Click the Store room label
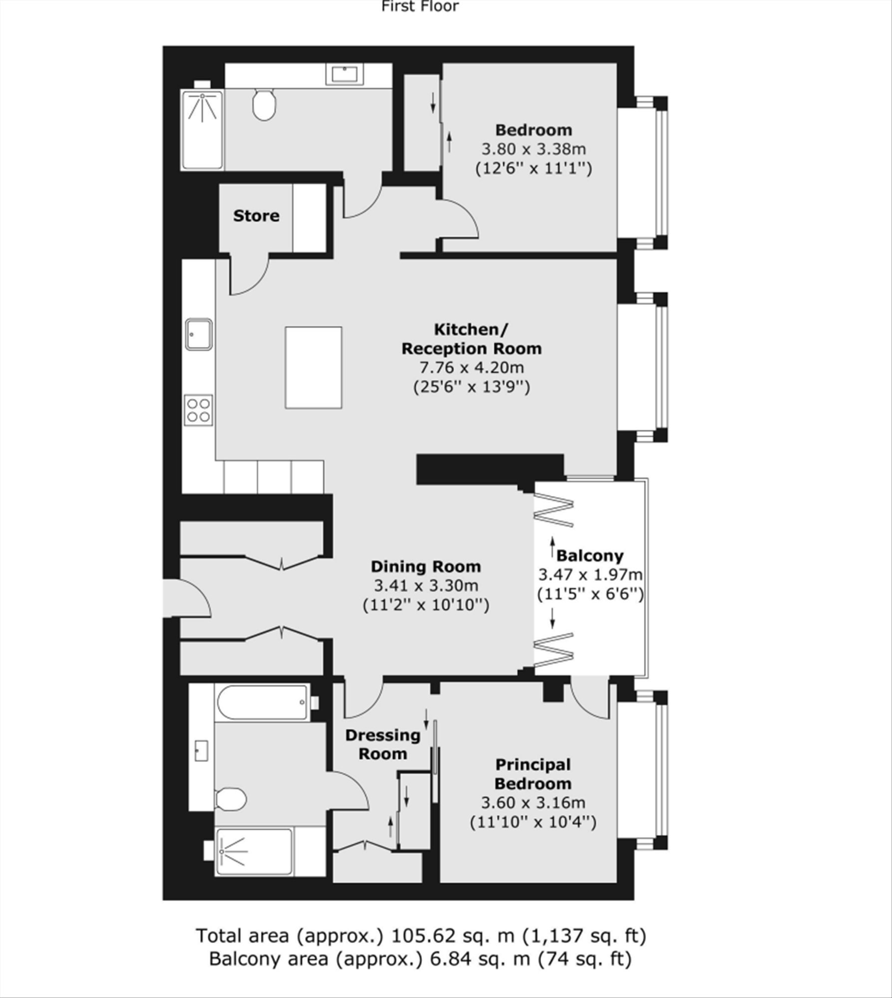click(x=256, y=216)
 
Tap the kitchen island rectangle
click(x=313, y=367)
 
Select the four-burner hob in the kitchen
click(x=198, y=410)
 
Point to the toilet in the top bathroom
click(x=264, y=104)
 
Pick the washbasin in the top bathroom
click(x=345, y=74)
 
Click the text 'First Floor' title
click(x=420, y=6)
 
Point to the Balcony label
click(x=590, y=555)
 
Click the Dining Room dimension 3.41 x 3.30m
click(x=426, y=585)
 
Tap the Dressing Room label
click(x=383, y=744)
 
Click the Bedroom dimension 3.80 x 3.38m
click(x=534, y=149)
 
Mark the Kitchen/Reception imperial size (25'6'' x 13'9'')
click(x=472, y=387)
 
